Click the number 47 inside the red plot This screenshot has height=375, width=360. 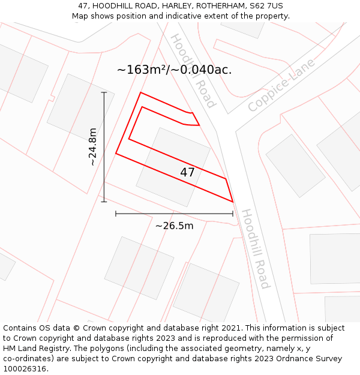pos(187,173)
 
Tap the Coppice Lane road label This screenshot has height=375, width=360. pos(281,85)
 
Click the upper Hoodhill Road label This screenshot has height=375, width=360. pos(193,70)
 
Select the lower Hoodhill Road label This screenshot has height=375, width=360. pos(256,248)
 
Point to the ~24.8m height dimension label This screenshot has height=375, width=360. pos(92,147)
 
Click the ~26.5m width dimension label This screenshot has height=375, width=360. pos(175,226)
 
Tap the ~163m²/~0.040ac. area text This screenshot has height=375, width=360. pos(174,70)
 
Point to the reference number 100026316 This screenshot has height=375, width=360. pos(25,369)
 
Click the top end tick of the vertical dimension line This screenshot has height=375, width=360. pos(104,92)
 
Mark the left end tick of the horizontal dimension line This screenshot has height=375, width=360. pos(116,214)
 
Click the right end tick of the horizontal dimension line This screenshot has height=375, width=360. pos(233,214)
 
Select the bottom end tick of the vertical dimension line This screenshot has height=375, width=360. pos(104,202)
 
